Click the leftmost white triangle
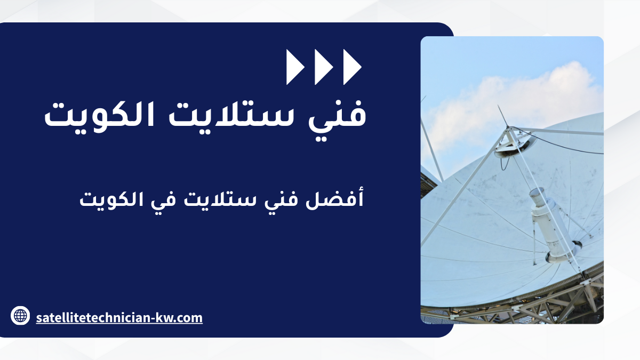[x=294, y=67]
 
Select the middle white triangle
[x=323, y=67]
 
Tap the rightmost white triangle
[x=351, y=67]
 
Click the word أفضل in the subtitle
[x=334, y=198]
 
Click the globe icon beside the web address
[x=20, y=315]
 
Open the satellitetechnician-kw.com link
[x=119, y=318]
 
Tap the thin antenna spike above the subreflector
[x=503, y=116]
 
